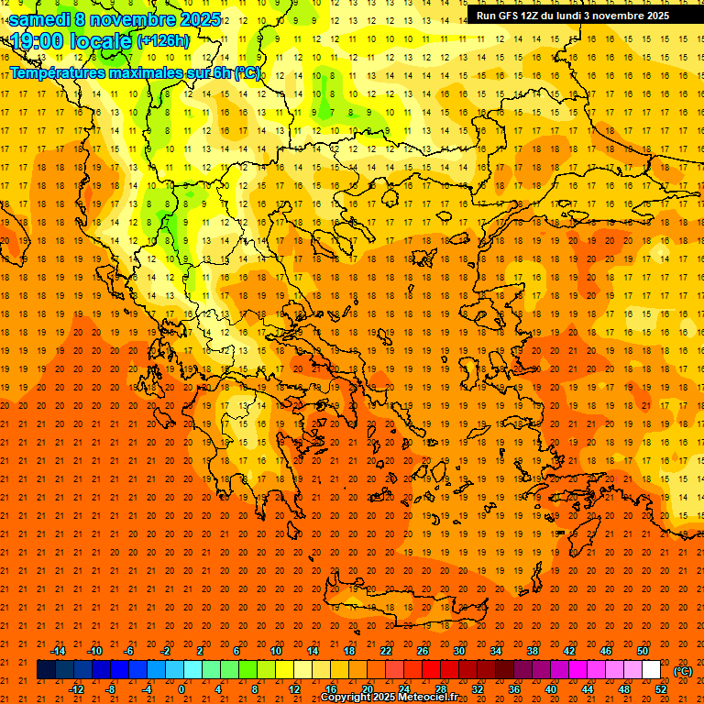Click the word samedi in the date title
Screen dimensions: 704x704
coord(40,19)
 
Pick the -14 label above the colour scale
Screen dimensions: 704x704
coord(58,650)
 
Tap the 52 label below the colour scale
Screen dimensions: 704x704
coord(661,688)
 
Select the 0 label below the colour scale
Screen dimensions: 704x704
coord(181,688)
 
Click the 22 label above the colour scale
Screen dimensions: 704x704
coord(386,650)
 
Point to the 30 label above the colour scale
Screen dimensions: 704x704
coord(459,650)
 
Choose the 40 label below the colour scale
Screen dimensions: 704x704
coord(551,688)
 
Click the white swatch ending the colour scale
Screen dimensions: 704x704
coord(651,670)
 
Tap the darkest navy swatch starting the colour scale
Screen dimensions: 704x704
coord(46,670)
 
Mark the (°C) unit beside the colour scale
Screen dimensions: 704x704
coord(683,670)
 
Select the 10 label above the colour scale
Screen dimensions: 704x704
coord(276,650)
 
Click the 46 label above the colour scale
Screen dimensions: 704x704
coord(606,650)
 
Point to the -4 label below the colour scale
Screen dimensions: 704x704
coord(147,688)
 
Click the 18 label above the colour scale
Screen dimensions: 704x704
coord(349,650)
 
